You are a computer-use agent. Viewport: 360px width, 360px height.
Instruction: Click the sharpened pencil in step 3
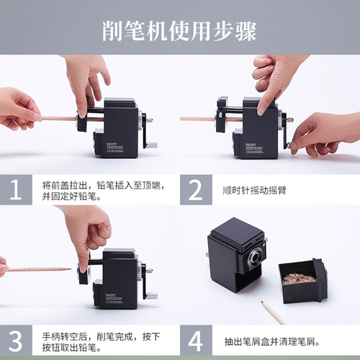[x=36, y=269]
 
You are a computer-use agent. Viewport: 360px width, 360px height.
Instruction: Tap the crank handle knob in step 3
[x=151, y=294]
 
